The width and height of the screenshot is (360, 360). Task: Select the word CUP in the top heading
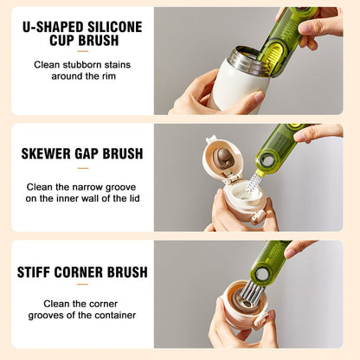(58, 42)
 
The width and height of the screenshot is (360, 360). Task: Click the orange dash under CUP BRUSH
(82, 53)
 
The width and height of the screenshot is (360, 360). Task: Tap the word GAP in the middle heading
(93, 154)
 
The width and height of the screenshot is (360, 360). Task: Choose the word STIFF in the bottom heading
(35, 273)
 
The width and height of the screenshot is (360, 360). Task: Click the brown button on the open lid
(222, 157)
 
